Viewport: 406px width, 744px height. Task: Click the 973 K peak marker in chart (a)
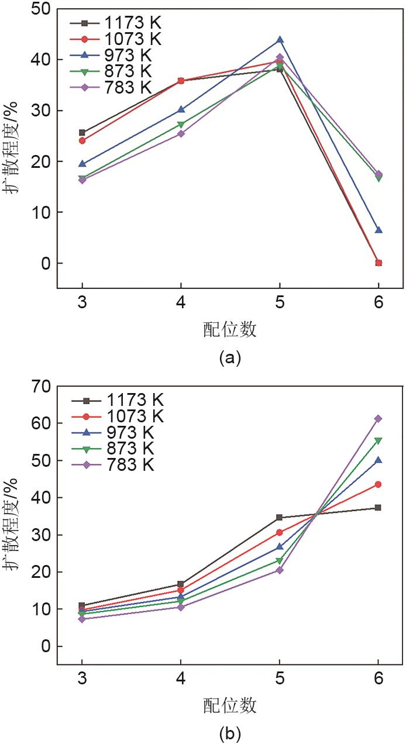tap(280, 40)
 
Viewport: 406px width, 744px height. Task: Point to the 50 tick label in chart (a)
tap(42, 9)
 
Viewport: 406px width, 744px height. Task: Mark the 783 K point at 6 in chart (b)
tap(379, 419)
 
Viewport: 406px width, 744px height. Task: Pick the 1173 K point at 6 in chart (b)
tap(379, 508)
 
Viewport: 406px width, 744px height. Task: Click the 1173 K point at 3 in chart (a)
tap(82, 133)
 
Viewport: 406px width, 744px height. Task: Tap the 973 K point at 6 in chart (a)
tap(379, 230)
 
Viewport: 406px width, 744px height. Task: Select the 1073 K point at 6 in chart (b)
tap(379, 484)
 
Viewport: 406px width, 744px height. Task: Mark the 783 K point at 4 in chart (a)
tap(181, 134)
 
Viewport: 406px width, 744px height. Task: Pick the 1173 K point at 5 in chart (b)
tap(280, 518)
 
